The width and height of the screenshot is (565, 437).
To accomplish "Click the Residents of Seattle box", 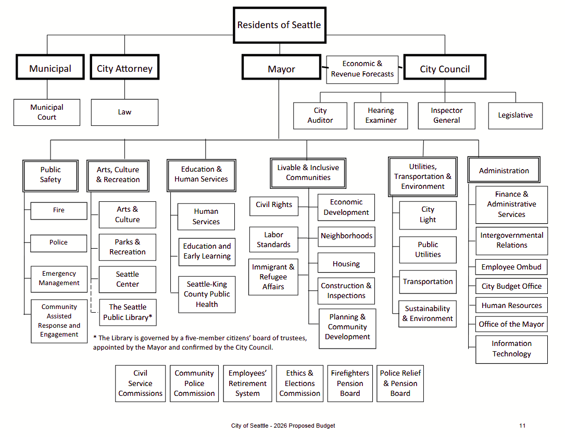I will click(279, 25).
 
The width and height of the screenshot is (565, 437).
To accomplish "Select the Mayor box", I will click(281, 69).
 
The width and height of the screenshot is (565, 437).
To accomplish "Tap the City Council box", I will click(445, 69).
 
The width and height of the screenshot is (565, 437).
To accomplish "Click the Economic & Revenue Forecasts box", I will click(362, 69).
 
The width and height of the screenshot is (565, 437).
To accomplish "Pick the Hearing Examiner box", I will click(381, 115).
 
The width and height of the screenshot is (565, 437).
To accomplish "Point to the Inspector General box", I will click(446, 115).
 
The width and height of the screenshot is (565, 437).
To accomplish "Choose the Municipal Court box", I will click(47, 112).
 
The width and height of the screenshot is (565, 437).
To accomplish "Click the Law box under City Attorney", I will click(124, 112).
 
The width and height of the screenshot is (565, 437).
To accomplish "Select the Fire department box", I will click(59, 210).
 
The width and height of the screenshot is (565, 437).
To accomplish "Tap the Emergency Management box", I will click(59, 278).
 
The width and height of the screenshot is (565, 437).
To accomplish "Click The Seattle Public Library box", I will click(128, 312).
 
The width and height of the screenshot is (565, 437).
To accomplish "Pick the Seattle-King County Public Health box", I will click(207, 294).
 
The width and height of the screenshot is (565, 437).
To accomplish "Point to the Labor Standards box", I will click(273, 240).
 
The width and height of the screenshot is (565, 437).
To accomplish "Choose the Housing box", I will click(346, 264).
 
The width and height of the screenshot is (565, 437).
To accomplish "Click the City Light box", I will click(428, 215).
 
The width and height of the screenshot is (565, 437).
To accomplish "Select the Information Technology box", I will click(511, 349).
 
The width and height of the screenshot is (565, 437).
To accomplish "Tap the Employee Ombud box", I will click(511, 267).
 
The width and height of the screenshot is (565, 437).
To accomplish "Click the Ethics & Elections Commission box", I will click(299, 383).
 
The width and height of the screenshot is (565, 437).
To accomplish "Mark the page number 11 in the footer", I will click(522, 426).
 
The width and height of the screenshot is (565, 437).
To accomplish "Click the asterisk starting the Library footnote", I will click(95, 337).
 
